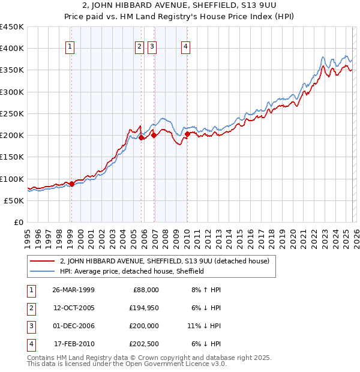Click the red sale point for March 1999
coord(71,184)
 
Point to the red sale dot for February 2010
coord(187,134)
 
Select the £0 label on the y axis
coord(18,222)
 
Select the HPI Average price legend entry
coord(132,271)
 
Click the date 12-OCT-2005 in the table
coord(73,308)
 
